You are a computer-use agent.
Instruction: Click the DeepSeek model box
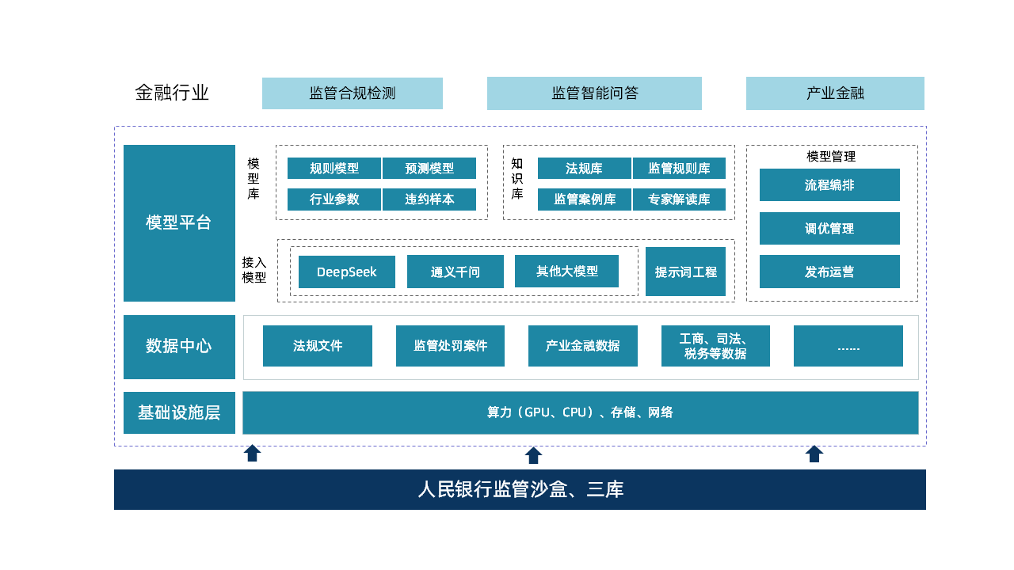(346, 272)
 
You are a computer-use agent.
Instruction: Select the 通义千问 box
(455, 272)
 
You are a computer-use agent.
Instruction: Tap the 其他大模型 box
(566, 271)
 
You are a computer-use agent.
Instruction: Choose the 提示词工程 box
(685, 272)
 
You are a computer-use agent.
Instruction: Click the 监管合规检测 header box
(352, 93)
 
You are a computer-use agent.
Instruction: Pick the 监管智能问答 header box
(594, 93)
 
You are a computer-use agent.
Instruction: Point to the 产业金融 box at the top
(835, 93)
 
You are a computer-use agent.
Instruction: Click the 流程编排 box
(829, 185)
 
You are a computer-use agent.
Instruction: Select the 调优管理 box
(829, 228)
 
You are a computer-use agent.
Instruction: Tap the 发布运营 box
(829, 272)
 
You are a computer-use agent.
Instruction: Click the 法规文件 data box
(317, 346)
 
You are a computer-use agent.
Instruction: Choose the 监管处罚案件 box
(450, 346)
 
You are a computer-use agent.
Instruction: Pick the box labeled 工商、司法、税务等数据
(715, 346)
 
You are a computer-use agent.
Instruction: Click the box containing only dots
(848, 346)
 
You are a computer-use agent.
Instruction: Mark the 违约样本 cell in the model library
(429, 199)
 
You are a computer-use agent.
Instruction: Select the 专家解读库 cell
(679, 199)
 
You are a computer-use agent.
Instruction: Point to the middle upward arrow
(533, 455)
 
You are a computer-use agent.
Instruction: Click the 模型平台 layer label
(179, 222)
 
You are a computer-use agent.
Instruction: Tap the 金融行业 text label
(172, 93)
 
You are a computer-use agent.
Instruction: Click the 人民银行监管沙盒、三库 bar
(520, 489)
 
